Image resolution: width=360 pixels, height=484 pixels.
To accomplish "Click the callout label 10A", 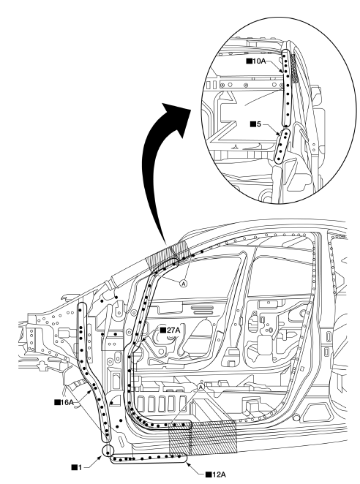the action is tap(259, 61).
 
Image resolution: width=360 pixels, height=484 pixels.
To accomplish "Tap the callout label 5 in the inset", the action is tap(258, 124).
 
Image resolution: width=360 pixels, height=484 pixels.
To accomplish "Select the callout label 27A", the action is tap(173, 330).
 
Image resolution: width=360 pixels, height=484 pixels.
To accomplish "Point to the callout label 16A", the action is tap(67, 402).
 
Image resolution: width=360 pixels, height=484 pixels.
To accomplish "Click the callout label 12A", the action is tap(219, 474).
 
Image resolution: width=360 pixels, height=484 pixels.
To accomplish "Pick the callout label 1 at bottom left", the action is tap(80, 468).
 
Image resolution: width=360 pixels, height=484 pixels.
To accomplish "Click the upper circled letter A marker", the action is tap(184, 283).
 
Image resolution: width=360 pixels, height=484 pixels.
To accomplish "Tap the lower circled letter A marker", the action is tap(201, 387).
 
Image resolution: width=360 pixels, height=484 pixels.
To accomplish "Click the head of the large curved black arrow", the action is tap(177, 117).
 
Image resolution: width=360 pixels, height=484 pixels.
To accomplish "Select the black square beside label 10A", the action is tap(249, 61).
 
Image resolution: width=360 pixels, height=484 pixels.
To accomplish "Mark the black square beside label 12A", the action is tap(209, 474).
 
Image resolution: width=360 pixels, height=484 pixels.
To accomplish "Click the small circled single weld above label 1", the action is tap(108, 450).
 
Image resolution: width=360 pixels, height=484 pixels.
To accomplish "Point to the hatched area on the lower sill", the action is tap(203, 437).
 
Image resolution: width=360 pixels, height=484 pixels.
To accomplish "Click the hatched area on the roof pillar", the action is tap(168, 255).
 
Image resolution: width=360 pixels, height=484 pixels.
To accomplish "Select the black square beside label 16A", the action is tap(57, 402).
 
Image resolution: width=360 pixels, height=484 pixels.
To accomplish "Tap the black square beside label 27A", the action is tap(163, 330).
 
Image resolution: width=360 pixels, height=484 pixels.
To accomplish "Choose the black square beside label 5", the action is tap(253, 124).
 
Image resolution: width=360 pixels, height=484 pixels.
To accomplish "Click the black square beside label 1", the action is tap(75, 468).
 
